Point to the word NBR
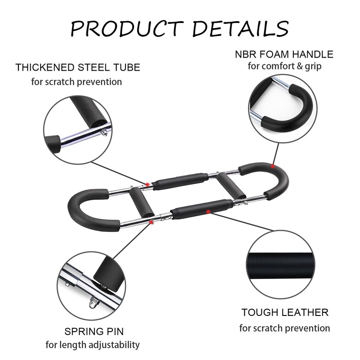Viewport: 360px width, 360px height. point(246,55)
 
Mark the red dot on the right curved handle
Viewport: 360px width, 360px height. point(273,166)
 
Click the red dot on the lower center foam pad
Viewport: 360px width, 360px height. point(207,210)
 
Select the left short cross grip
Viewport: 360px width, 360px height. point(135,203)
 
